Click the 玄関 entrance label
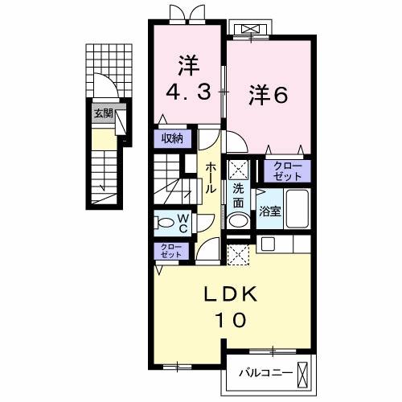[102, 113]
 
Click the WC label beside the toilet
[183, 223]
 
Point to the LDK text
[229, 295]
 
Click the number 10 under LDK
[229, 320]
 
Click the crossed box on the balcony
[303, 373]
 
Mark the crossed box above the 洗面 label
[239, 169]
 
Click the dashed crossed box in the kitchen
[239, 255]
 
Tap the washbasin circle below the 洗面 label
[238, 220]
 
